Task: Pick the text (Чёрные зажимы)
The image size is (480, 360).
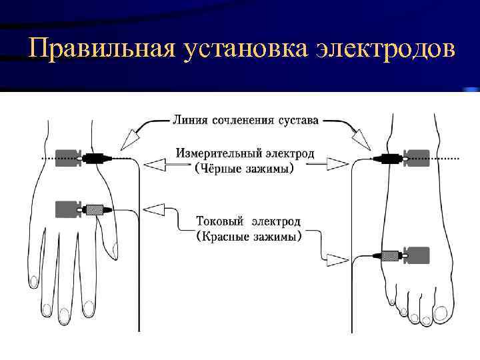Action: click(243, 169)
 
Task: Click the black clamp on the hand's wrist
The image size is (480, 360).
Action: click(95, 159)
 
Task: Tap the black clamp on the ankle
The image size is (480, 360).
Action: click(389, 158)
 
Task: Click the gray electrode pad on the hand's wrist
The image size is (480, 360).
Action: click(67, 159)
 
